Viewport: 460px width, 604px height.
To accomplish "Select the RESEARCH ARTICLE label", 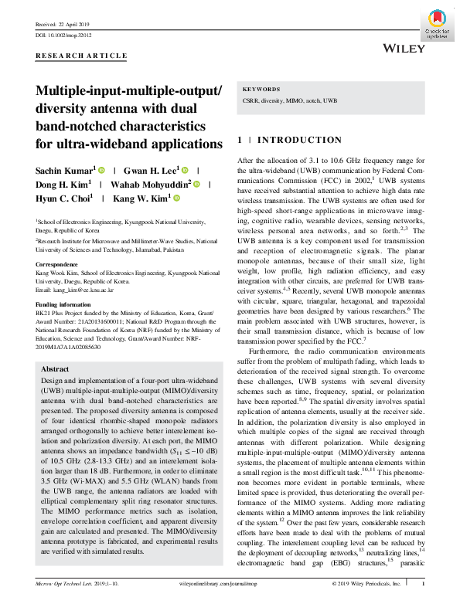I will [x=81, y=56].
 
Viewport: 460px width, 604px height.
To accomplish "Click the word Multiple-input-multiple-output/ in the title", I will [x=128, y=91].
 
